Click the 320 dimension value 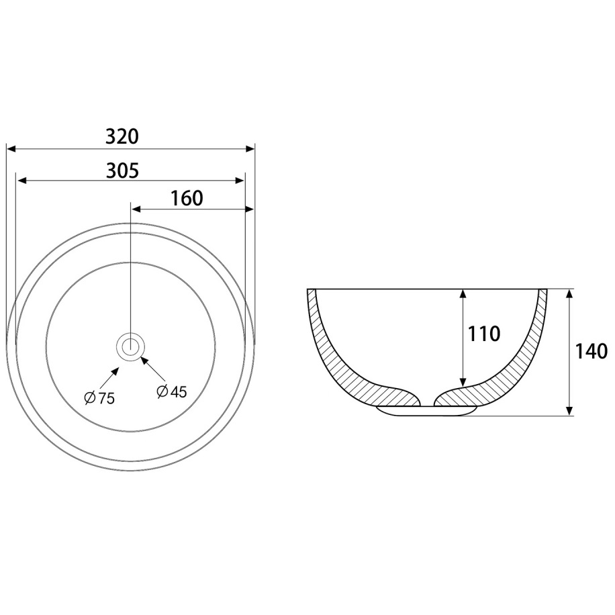click(122, 137)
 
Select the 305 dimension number click(122, 171)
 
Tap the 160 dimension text click(187, 199)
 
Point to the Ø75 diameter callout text click(99, 398)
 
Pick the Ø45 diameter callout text click(171, 391)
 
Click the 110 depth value click(483, 334)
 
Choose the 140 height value click(591, 351)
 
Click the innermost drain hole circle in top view click(130, 346)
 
